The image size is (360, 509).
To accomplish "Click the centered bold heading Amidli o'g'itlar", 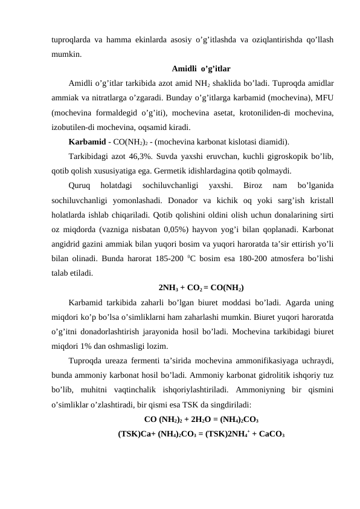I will point(201,68).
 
